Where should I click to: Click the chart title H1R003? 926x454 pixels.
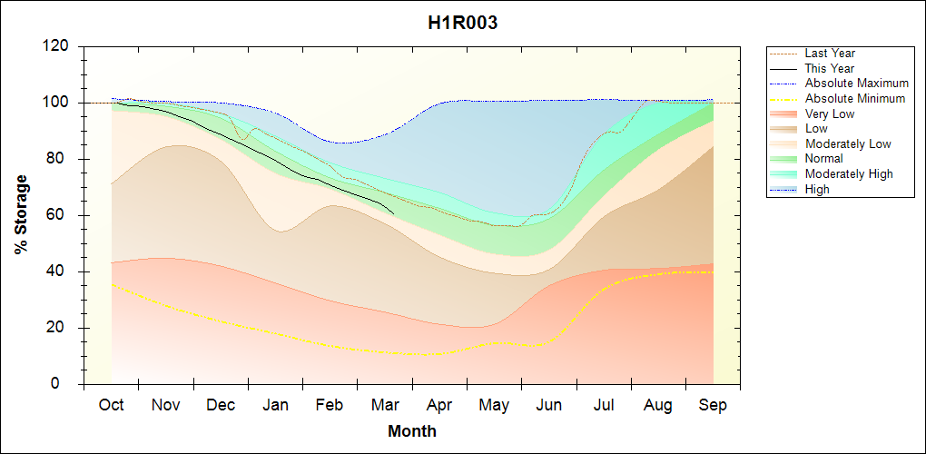(x=462, y=23)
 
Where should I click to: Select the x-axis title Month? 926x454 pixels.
(x=412, y=431)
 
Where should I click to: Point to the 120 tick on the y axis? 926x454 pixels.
(x=60, y=46)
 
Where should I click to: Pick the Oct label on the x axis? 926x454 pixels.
(x=112, y=405)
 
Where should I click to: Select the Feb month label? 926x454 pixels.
(x=330, y=405)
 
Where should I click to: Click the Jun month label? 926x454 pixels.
(x=548, y=405)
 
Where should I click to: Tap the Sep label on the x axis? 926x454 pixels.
(x=713, y=405)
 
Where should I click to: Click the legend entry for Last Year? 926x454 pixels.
(x=830, y=54)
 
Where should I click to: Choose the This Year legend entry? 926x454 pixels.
(x=829, y=68)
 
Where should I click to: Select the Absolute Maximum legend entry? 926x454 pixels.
(x=856, y=84)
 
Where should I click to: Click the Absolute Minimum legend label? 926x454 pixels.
(x=855, y=98)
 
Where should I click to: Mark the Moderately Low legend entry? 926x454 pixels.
(x=848, y=143)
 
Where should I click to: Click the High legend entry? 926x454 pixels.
(x=817, y=189)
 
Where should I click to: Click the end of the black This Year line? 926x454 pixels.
(x=393, y=213)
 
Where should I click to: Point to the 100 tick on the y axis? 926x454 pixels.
(x=60, y=103)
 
